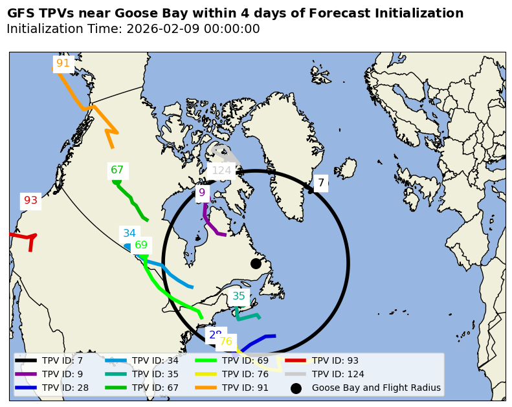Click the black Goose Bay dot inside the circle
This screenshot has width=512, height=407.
(x=256, y=263)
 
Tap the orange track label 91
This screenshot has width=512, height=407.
(x=63, y=63)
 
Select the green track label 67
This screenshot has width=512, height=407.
(x=117, y=170)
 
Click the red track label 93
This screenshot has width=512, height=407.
(x=31, y=201)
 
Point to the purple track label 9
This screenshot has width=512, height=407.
(x=202, y=193)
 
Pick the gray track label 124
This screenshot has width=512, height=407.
(x=221, y=171)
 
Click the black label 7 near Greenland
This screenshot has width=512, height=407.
(x=320, y=182)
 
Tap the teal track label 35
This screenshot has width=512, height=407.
(x=239, y=296)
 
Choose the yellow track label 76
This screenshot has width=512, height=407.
(x=226, y=342)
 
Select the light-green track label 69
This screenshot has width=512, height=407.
(x=141, y=245)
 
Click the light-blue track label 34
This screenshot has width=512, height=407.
(x=129, y=234)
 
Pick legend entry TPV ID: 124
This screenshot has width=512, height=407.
(x=338, y=374)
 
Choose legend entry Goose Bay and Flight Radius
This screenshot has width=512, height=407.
(x=375, y=388)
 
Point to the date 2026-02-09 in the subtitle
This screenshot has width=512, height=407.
(x=162, y=29)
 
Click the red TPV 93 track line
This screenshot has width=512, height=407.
(x=19, y=236)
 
